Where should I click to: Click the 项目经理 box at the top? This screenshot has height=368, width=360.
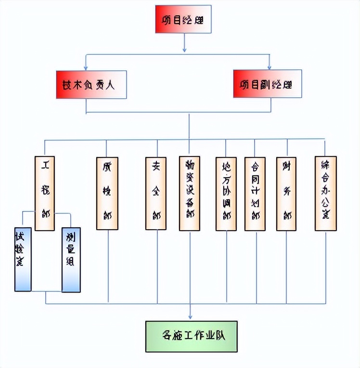(183, 19)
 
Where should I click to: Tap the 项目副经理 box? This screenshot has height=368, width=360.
(267, 84)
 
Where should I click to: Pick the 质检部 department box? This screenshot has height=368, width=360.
(107, 193)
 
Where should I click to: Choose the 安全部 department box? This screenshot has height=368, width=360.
(156, 193)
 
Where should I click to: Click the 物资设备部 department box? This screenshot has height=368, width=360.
(190, 193)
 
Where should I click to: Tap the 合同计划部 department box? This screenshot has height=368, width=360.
(255, 193)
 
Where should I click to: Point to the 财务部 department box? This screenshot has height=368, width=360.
(286, 193)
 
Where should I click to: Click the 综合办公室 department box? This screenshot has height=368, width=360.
(325, 193)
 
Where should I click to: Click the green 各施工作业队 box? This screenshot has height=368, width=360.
(192, 335)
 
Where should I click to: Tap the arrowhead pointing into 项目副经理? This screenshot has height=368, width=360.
(270, 67)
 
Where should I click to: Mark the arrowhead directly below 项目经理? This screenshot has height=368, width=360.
(184, 49)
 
